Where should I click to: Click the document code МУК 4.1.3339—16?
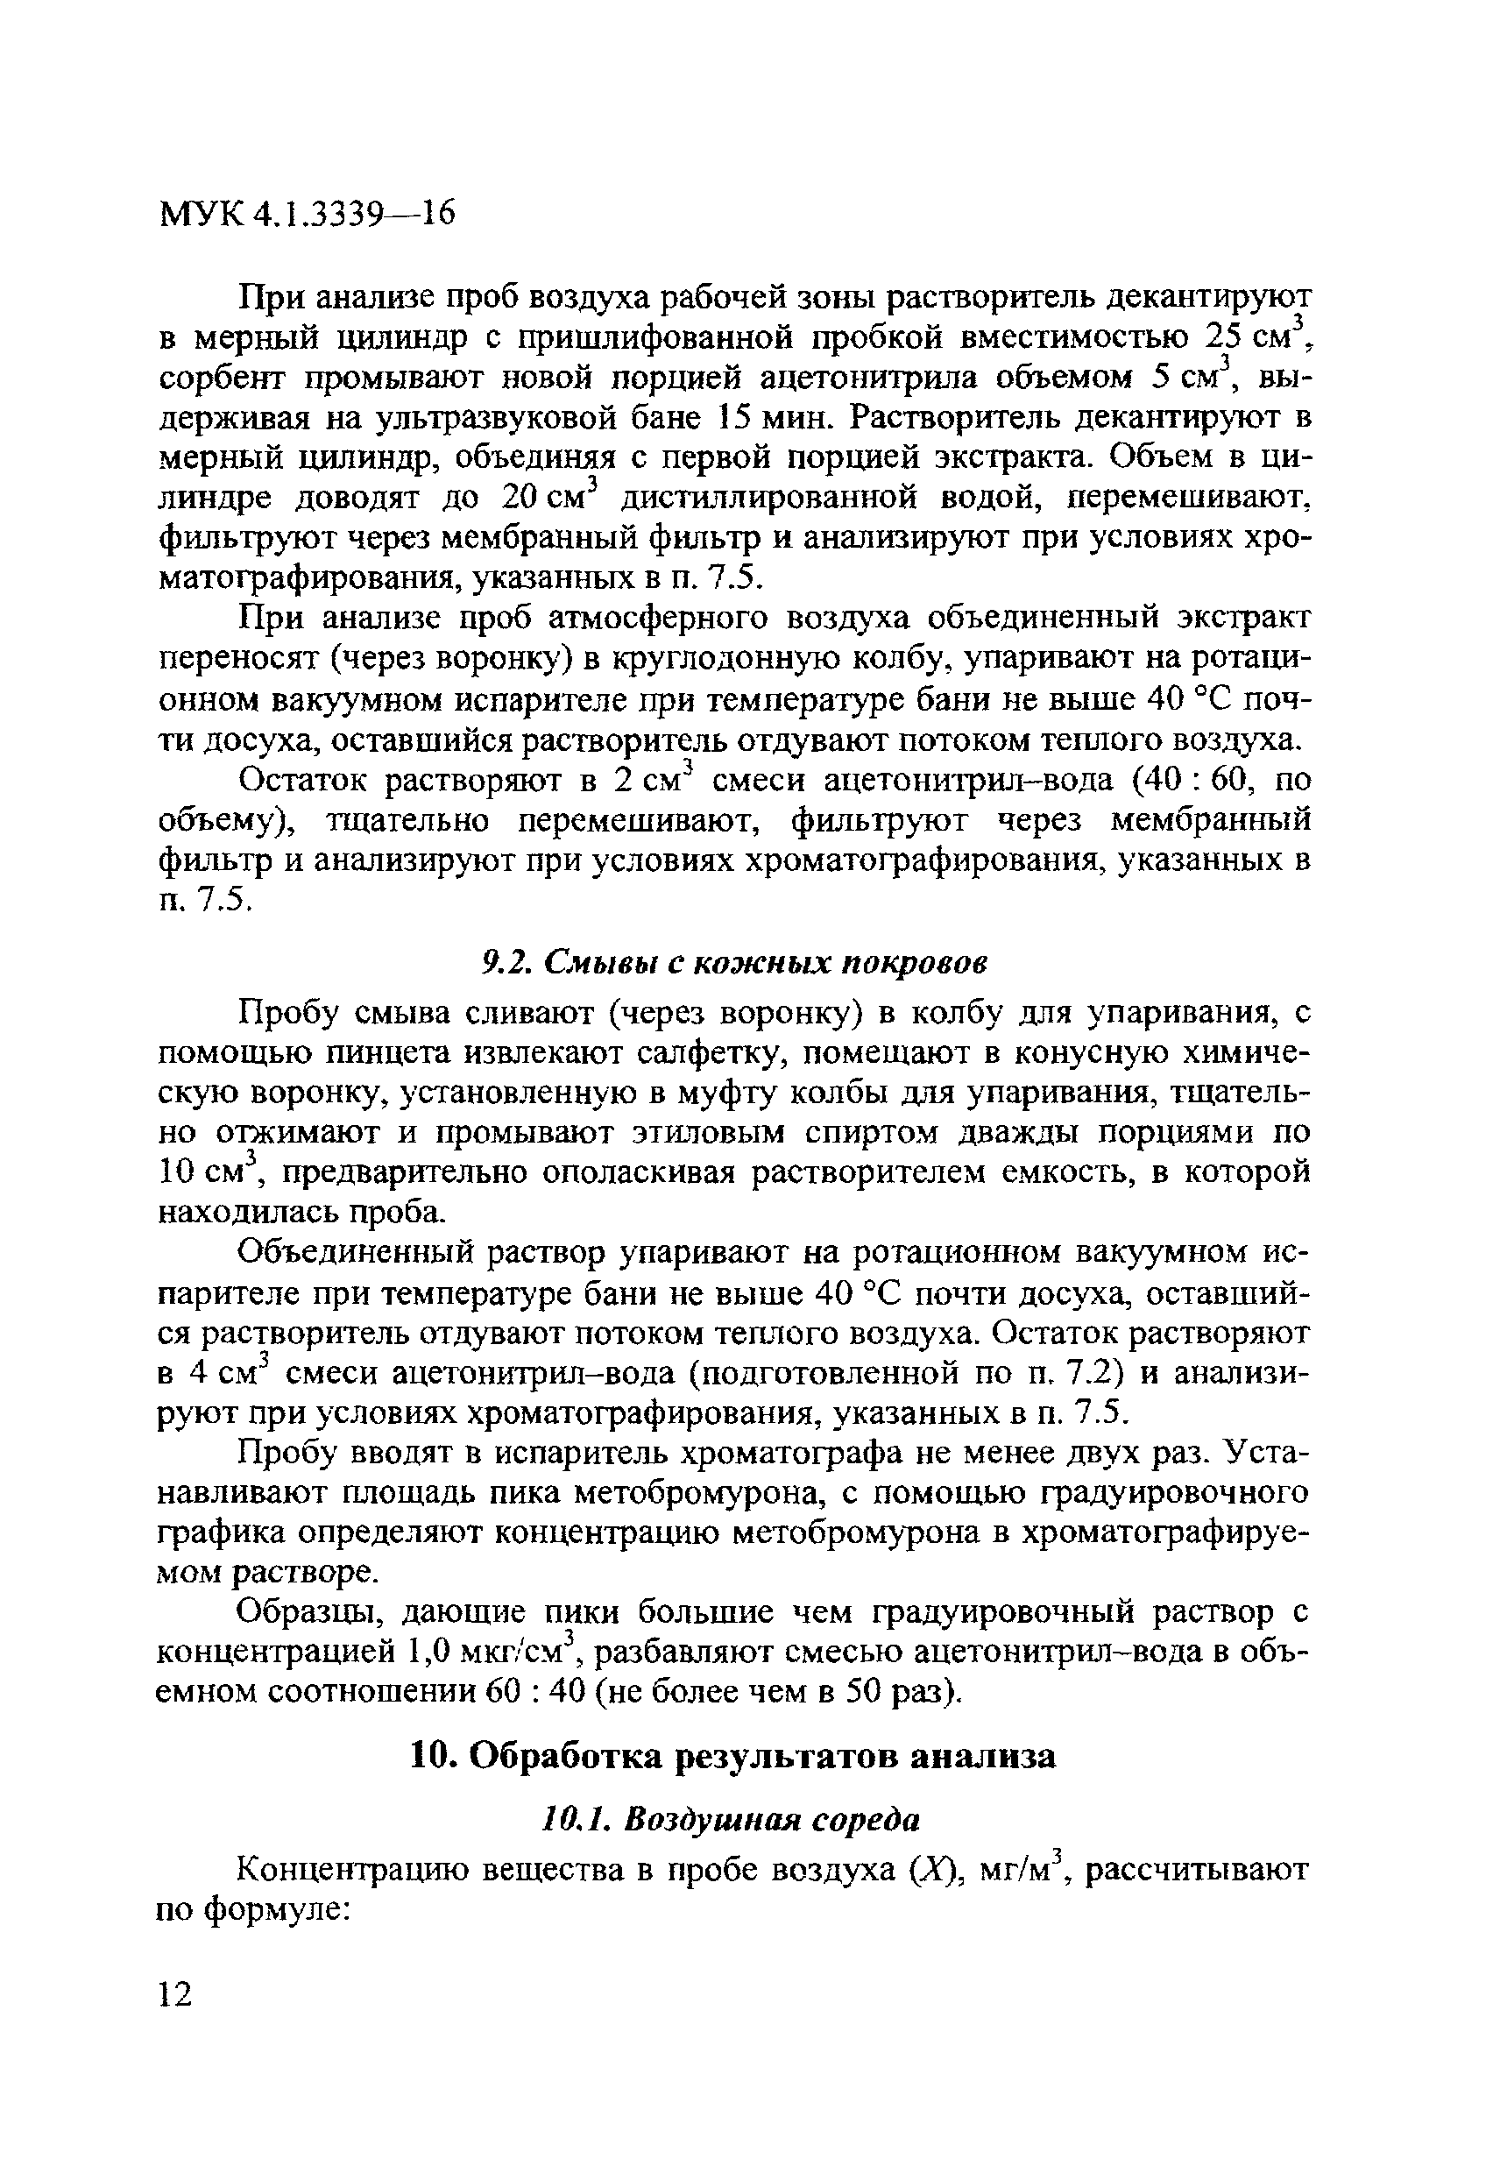pos(308,216)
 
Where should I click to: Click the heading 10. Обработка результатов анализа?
pos(734,1756)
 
